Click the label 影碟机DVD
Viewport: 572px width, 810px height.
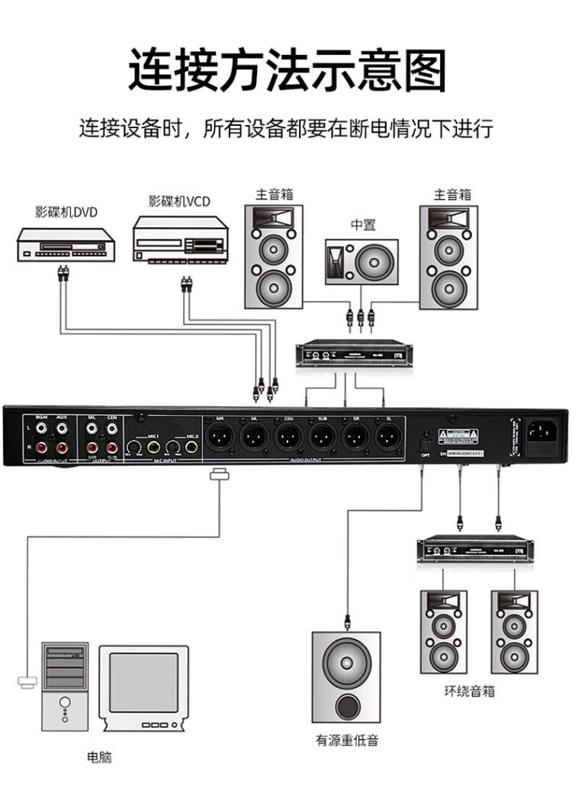point(66,211)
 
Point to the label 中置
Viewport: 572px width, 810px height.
point(363,225)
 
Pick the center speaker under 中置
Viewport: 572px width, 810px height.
point(362,262)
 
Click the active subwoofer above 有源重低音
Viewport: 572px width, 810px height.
point(346,676)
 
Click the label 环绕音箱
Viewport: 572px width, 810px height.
point(469,691)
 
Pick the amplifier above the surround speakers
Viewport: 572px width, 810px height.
point(473,549)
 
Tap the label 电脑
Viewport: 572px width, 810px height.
point(100,757)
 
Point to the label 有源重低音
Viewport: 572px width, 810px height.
point(347,739)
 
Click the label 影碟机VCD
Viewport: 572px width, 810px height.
point(179,201)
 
